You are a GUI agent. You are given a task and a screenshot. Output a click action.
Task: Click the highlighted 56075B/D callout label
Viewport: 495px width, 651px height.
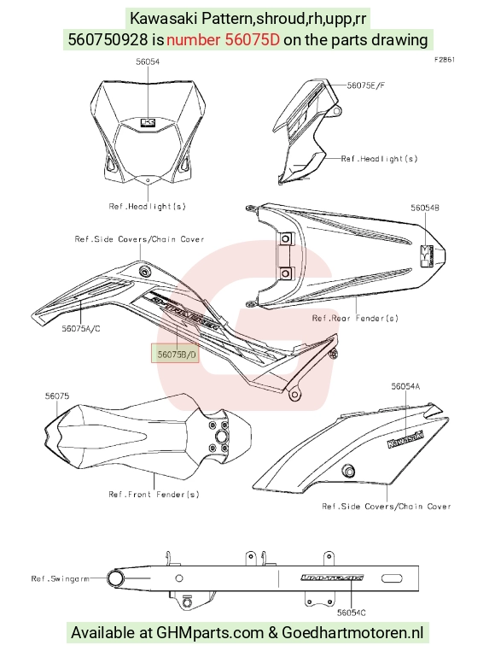point(176,355)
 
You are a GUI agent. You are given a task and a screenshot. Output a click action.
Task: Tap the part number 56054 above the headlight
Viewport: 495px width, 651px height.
point(148,62)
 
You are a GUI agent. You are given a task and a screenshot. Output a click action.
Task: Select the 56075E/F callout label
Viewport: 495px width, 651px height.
point(366,85)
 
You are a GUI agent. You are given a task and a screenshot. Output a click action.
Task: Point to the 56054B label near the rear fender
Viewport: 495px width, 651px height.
point(425,208)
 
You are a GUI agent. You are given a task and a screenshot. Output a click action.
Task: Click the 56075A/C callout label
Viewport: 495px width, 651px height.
point(81,329)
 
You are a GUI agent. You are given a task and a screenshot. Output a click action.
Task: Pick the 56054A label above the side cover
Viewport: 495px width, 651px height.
point(405,386)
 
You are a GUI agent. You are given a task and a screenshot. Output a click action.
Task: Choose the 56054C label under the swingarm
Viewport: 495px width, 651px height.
point(352,613)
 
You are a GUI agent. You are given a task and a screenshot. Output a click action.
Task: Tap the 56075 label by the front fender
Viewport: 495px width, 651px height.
point(57,396)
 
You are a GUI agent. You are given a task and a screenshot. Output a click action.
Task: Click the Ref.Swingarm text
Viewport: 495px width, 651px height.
point(60,578)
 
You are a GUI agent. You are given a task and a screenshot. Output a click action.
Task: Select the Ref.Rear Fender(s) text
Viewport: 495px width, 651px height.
point(355,318)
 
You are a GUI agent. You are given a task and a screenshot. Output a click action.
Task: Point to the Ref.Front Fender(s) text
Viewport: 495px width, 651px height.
point(154,494)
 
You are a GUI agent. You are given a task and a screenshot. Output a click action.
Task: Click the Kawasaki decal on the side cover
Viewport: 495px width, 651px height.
point(405,440)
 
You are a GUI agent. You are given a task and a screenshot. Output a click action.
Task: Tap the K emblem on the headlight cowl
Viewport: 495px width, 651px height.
point(148,122)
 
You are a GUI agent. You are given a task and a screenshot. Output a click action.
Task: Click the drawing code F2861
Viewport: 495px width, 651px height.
point(445,60)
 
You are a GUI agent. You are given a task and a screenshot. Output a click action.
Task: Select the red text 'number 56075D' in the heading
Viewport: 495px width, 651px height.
point(224,40)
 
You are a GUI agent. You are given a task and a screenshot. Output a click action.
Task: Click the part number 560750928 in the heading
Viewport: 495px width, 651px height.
point(108,40)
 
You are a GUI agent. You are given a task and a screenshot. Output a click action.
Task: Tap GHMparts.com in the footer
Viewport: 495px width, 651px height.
point(210,633)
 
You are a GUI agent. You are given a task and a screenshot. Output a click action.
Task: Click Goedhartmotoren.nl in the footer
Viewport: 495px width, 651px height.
point(352,633)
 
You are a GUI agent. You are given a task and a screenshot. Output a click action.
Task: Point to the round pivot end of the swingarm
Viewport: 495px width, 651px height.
point(115,578)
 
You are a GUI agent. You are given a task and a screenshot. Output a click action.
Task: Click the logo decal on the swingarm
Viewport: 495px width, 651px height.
point(332,578)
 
